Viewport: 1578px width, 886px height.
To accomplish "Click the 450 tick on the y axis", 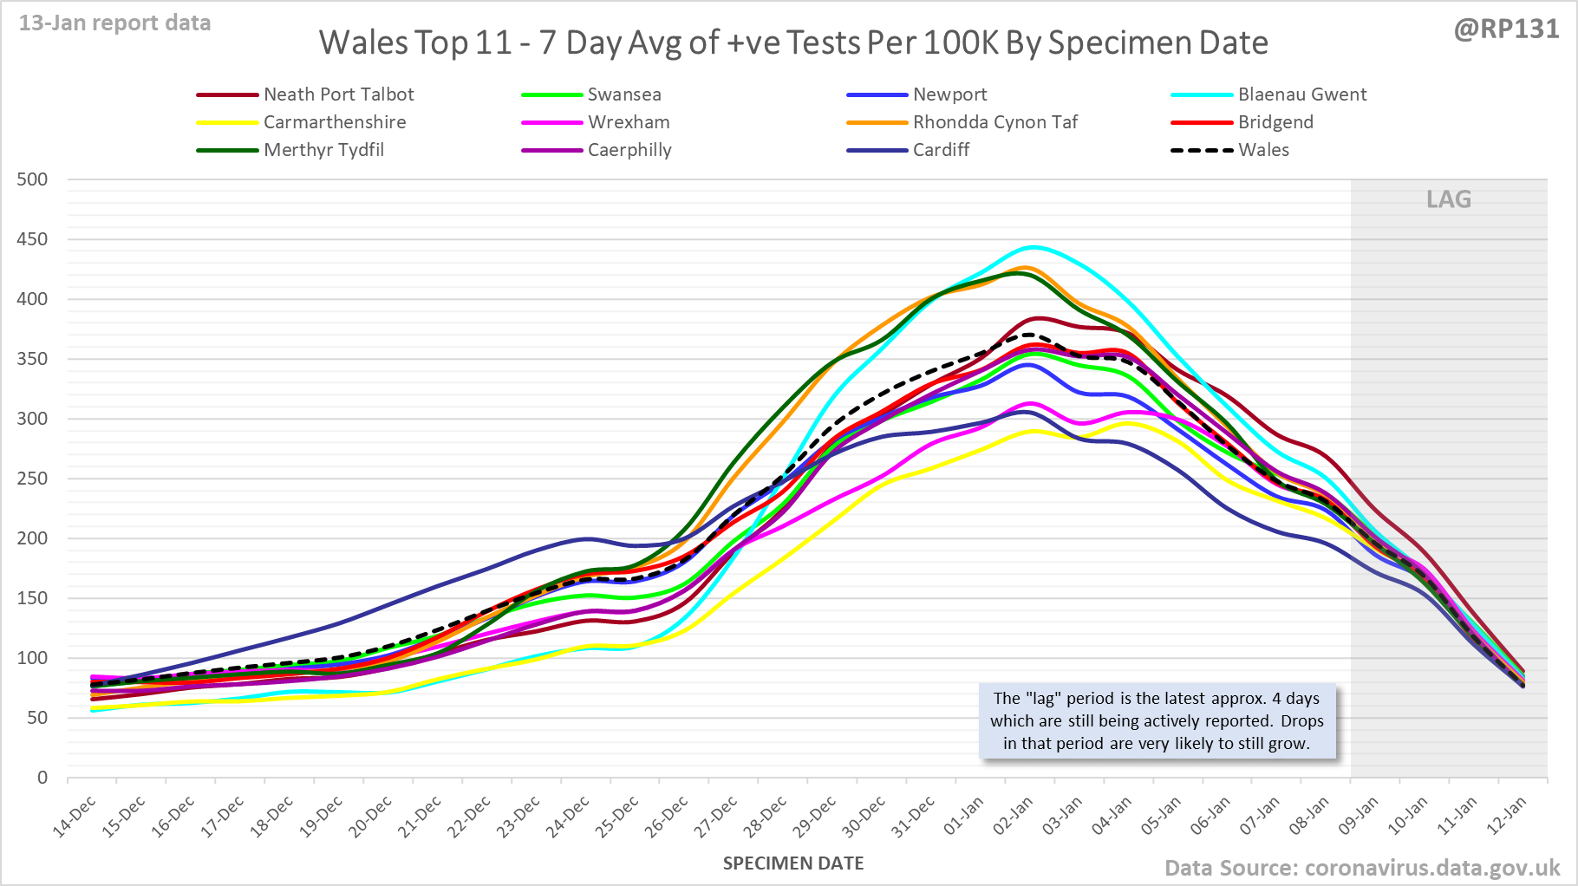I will (32, 239).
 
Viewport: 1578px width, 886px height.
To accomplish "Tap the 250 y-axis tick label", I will (32, 479).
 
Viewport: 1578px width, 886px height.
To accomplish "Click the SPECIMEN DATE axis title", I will (793, 863).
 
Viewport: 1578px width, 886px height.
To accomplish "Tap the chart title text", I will (793, 42).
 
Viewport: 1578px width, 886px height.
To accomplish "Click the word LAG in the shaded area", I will (1449, 199).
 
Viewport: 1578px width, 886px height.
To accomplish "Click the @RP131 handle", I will (1506, 29).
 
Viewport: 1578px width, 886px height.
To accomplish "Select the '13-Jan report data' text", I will (115, 23).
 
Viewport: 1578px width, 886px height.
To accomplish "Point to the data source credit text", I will (1362, 868).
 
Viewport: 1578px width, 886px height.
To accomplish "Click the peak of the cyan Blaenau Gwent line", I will (1033, 247).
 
